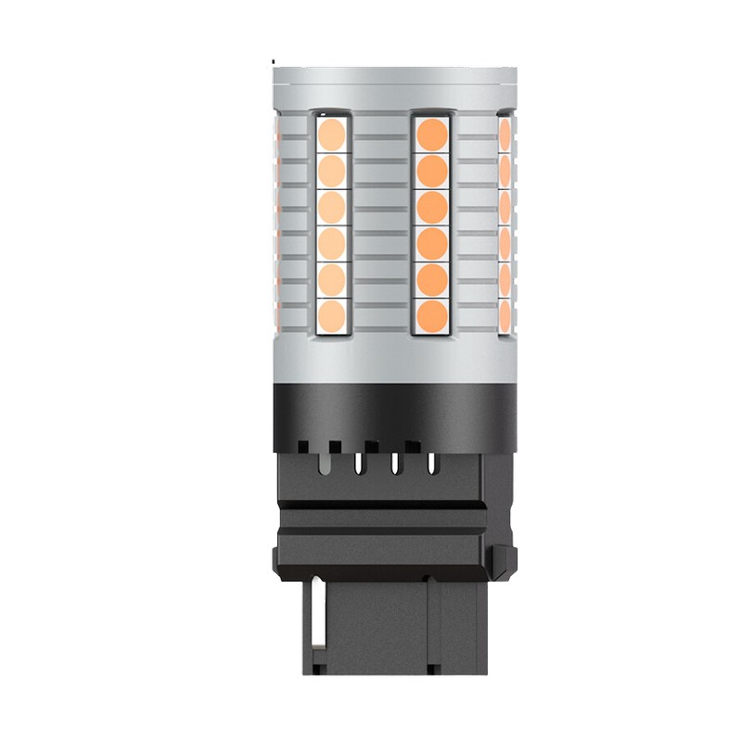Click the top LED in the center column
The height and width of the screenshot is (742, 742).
click(x=430, y=133)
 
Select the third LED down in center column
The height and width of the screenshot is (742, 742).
click(x=430, y=206)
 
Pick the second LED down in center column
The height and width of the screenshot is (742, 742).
click(x=430, y=170)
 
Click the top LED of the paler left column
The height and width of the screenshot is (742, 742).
click(x=332, y=134)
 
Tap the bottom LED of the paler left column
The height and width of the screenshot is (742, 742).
click(x=332, y=314)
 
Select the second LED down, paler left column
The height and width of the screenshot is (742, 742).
click(x=332, y=171)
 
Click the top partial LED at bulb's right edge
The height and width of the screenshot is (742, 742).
click(x=505, y=134)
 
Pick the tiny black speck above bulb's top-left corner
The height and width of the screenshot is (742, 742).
click(x=274, y=62)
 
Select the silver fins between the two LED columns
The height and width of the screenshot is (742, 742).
click(x=379, y=223)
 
